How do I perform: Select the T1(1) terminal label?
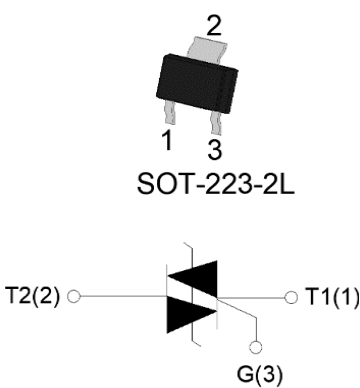point(330,297)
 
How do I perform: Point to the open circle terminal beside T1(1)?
point(291,297)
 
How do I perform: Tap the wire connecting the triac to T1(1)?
point(255,297)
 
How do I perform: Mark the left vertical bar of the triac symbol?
point(165,297)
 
